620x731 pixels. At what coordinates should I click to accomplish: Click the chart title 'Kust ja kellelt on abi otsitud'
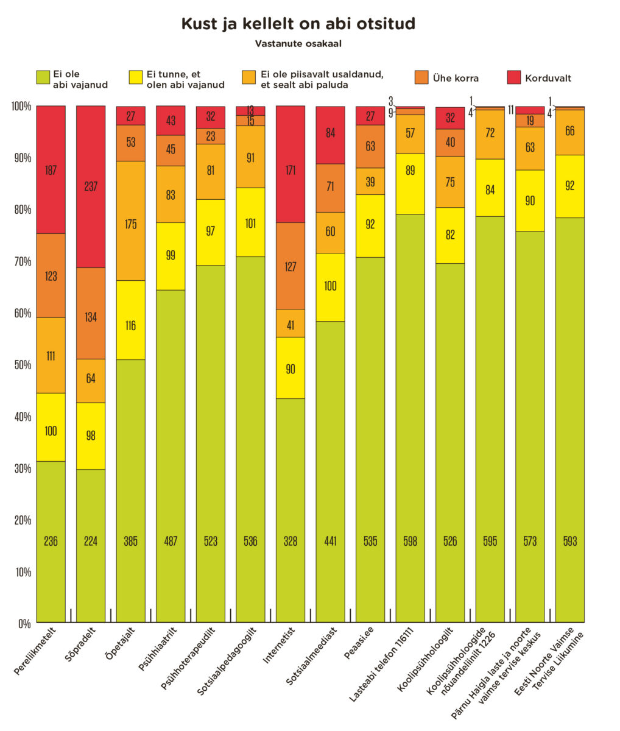[298, 24]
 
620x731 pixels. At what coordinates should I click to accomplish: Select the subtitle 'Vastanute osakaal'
[298, 44]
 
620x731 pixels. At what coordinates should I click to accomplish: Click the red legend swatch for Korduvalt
[514, 77]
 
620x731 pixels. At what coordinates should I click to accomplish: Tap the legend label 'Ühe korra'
[456, 78]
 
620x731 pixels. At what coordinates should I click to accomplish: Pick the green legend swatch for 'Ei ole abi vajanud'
[43, 77]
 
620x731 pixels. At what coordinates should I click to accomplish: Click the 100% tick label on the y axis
[20, 107]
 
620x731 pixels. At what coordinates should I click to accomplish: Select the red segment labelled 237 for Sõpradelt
[91, 187]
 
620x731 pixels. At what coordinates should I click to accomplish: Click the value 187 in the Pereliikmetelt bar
[51, 171]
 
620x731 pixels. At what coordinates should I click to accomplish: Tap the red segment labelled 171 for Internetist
[291, 171]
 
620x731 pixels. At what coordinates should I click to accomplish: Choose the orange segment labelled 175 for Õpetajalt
[130, 224]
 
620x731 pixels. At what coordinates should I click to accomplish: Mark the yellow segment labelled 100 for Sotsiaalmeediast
[330, 286]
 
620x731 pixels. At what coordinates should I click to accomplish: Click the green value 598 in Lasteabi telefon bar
[410, 541]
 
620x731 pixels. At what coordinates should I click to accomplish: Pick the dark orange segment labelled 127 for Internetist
[291, 266]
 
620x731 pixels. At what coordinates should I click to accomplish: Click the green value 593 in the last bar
[569, 541]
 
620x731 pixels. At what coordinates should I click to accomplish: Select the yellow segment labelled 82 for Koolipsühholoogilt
[450, 235]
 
